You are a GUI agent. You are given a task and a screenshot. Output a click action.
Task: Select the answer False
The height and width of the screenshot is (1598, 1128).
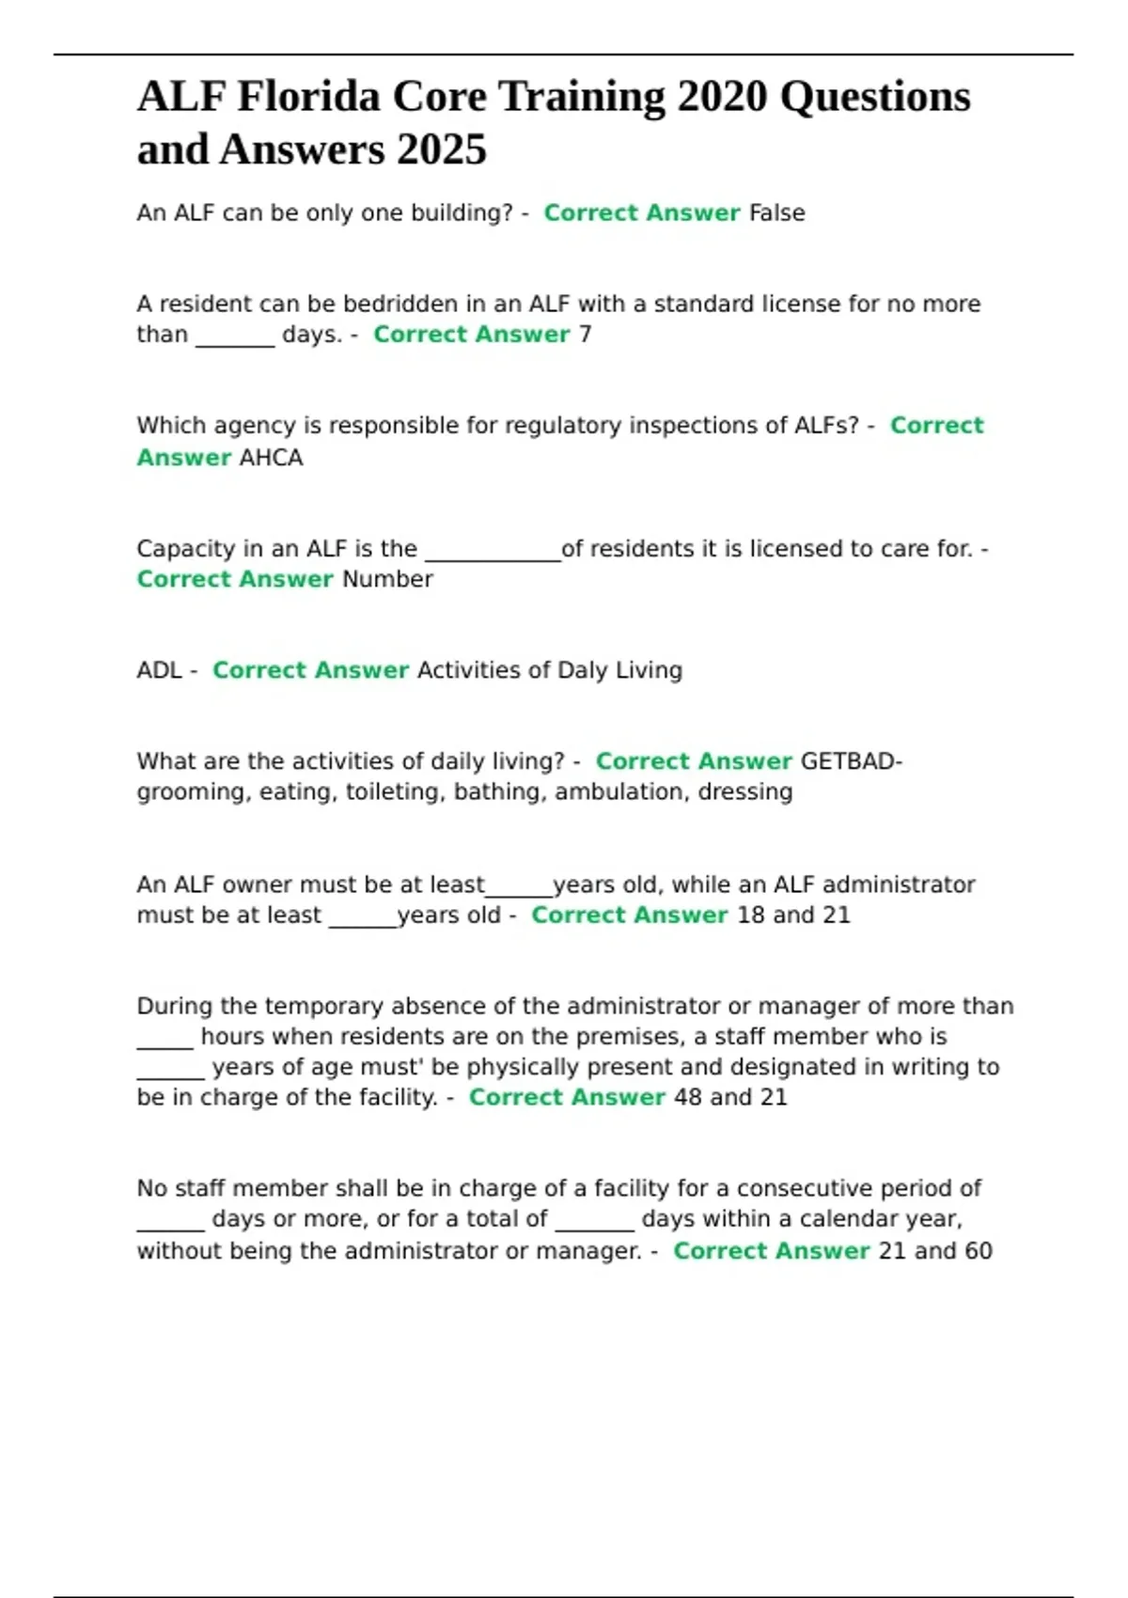776,213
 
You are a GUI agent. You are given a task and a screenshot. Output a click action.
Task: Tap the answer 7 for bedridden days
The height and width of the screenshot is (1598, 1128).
585,335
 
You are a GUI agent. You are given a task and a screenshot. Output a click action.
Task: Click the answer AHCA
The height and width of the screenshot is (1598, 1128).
271,458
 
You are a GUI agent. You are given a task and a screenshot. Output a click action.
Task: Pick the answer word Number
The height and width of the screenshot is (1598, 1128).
387,579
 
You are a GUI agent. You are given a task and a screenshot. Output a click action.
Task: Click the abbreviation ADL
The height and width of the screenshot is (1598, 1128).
159,670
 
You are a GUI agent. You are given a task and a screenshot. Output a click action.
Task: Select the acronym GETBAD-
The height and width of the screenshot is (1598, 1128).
851,761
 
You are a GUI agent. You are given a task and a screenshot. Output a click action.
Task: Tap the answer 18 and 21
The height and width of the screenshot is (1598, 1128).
793,916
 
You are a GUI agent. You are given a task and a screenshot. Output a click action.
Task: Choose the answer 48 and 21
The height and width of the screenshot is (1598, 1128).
730,1097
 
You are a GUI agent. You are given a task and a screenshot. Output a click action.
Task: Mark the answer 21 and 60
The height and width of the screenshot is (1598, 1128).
934,1251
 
